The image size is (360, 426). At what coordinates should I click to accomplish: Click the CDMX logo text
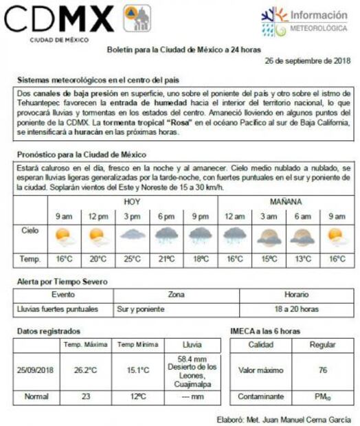(x=59, y=20)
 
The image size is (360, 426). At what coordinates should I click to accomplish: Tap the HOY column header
(x=132, y=202)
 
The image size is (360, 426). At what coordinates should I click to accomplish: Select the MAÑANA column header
(x=285, y=202)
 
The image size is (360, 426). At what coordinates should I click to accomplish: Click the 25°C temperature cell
(x=132, y=259)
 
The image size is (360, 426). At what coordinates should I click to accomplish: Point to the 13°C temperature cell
(x=302, y=259)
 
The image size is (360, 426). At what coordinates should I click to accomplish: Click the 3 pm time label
(x=132, y=216)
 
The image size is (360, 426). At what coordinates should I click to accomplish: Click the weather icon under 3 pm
(x=132, y=236)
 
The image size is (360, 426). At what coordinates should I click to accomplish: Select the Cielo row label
(x=30, y=232)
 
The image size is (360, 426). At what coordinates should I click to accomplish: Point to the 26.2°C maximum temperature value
(x=85, y=370)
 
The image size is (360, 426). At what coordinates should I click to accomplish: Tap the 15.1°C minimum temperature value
(x=137, y=370)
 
